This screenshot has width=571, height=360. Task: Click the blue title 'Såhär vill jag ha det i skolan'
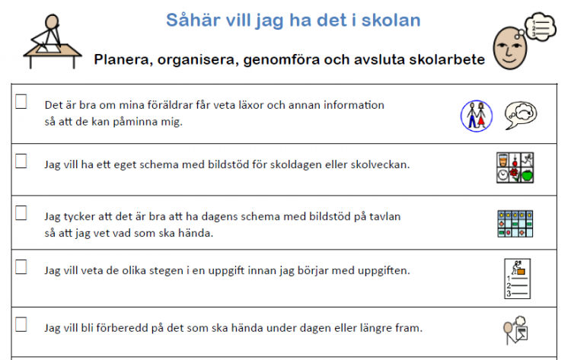[x=293, y=21]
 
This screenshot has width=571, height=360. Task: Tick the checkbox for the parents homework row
[x=21, y=101]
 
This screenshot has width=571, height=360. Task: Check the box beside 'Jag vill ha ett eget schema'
[x=21, y=161]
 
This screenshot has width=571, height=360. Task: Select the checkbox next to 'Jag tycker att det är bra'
[x=21, y=213]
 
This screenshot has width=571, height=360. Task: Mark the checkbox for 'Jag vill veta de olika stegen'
[x=21, y=267]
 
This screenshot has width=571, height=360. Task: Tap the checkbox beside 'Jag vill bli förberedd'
[x=21, y=324]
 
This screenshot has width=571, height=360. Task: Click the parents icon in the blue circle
[x=477, y=116]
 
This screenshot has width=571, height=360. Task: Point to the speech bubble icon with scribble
[x=521, y=115]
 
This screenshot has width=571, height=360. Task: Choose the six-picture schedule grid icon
[x=515, y=167]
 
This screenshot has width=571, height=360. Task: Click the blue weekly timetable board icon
[x=515, y=224]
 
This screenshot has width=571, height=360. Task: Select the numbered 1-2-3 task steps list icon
[x=517, y=279]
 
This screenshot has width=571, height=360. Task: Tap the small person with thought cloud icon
[x=515, y=330]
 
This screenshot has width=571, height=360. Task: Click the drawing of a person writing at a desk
[x=53, y=41]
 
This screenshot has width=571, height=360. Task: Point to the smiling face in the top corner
[x=510, y=48]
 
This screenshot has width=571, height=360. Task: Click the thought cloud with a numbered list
[x=541, y=27]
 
